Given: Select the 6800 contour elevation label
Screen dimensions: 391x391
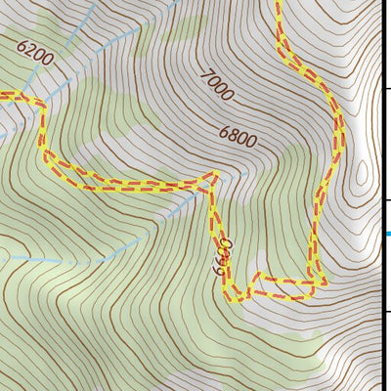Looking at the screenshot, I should click(238, 137).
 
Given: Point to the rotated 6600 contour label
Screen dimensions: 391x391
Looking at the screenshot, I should click(221, 257).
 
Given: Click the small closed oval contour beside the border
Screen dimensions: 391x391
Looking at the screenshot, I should click(363, 175).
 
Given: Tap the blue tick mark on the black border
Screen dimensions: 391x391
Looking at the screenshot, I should click(388, 234).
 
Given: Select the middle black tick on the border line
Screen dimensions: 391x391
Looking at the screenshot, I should click(387, 200).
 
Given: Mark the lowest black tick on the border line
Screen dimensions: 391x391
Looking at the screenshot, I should click(387, 312).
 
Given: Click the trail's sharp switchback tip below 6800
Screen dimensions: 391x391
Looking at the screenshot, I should click(212, 176).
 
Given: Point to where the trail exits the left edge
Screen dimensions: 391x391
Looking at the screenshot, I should click(2, 96).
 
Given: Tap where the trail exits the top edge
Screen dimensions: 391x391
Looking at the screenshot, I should click(278, 3).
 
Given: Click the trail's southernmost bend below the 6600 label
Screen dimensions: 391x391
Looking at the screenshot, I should click(236, 298).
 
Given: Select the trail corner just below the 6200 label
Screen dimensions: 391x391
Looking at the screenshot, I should click(42, 102).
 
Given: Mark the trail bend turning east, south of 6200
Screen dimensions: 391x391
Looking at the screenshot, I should click(45, 153).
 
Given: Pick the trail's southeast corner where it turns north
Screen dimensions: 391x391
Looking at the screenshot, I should click(317, 282).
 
